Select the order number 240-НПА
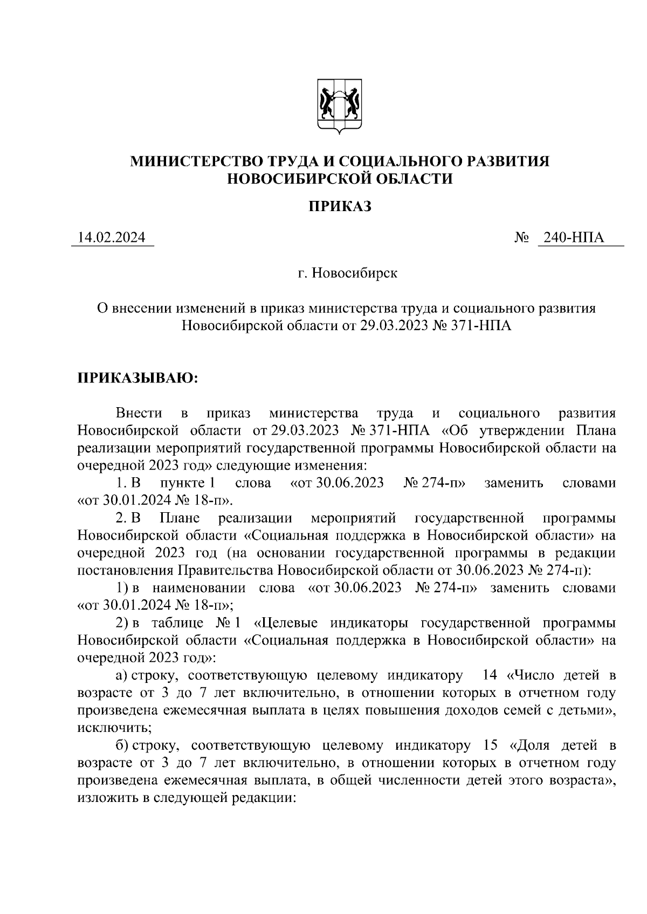tap(574, 238)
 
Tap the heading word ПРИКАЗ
tap(340, 207)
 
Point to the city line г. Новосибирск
tap(348, 274)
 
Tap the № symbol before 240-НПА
tap(522, 238)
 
